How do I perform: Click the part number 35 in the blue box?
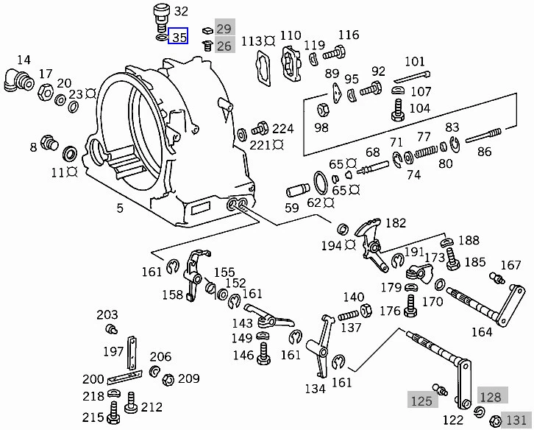(179, 36)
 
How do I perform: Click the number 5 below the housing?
(120, 208)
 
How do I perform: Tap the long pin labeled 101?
(411, 77)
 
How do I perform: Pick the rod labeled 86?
(483, 136)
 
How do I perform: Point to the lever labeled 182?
(370, 239)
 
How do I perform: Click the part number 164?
(481, 332)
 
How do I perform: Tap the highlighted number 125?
(421, 401)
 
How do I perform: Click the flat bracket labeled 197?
(132, 352)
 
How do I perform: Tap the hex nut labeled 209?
(167, 380)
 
